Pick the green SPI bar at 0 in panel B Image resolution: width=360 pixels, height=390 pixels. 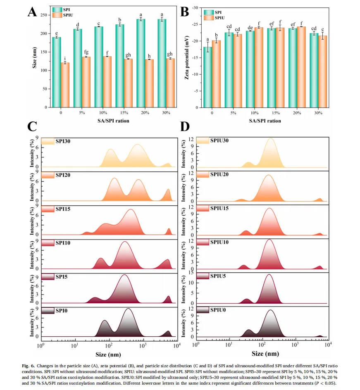tap(208, 77)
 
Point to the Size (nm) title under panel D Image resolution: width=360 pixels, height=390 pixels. tap(262, 354)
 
